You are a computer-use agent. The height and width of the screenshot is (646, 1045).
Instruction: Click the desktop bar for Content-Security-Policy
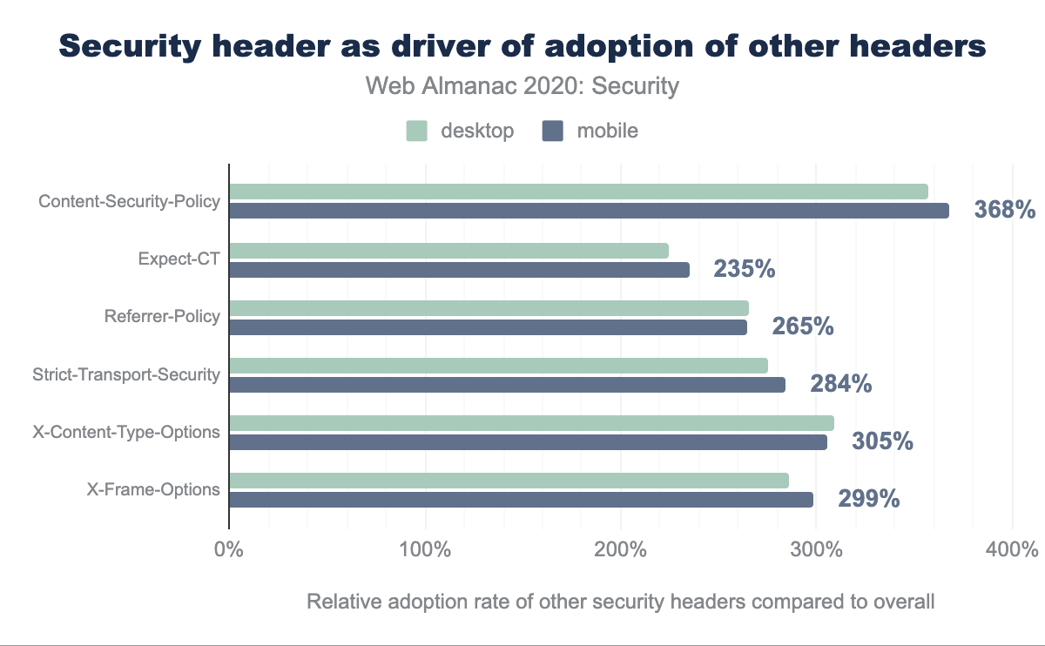[x=578, y=192]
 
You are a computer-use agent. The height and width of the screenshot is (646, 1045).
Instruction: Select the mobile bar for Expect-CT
[x=459, y=270]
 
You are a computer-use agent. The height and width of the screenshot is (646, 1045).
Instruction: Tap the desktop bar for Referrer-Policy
[x=489, y=308]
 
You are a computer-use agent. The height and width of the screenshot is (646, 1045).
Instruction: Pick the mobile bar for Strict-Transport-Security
[x=507, y=385]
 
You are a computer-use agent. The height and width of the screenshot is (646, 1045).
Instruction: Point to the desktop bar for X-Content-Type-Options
[x=531, y=423]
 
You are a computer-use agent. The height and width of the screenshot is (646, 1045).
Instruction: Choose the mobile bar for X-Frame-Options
[x=521, y=500]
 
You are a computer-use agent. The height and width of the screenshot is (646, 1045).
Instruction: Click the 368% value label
[x=1005, y=211]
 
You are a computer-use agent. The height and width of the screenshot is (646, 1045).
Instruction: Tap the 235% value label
[x=745, y=269]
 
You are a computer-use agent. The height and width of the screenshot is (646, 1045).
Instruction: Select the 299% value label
[x=868, y=499]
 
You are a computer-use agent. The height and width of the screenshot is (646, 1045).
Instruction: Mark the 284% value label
[x=841, y=384]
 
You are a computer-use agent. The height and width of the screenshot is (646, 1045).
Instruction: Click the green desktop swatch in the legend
[x=417, y=131]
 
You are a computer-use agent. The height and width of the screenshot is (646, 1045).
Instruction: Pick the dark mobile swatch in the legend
[x=554, y=131]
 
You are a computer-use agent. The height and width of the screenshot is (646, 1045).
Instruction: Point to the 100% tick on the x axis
[x=425, y=550]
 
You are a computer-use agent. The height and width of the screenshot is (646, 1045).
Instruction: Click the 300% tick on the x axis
[x=816, y=550]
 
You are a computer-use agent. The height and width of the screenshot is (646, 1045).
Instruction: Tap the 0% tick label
[x=229, y=550]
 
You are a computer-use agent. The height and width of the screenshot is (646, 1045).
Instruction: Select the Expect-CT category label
[x=179, y=259]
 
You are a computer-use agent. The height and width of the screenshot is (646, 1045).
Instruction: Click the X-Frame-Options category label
[x=153, y=489]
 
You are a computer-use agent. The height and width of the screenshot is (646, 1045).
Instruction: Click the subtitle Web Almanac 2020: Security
[x=522, y=86]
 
